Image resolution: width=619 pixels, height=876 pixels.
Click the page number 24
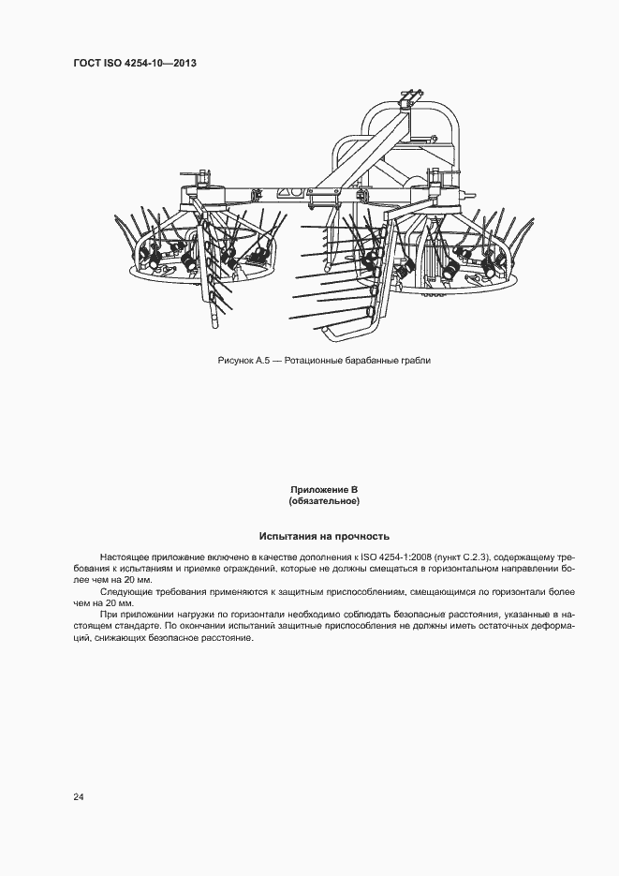(x=79, y=796)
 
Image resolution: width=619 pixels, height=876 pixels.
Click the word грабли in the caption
(x=416, y=360)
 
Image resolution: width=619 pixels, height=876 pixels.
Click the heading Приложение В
(x=324, y=490)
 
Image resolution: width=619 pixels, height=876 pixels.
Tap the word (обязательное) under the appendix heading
(x=324, y=501)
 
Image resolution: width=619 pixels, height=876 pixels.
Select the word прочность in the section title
(x=358, y=537)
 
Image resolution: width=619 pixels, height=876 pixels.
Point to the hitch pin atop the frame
(x=406, y=97)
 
